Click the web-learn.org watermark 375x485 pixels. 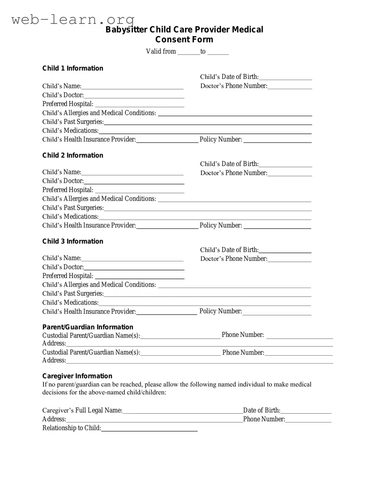[73, 19]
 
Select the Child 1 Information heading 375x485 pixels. [73, 68]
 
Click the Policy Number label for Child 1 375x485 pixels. [221, 140]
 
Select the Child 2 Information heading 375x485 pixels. [73, 155]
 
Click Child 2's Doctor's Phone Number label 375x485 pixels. [233, 173]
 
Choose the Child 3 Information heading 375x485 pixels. [73, 241]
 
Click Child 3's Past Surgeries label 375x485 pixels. [73, 293]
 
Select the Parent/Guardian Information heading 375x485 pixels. [88, 327]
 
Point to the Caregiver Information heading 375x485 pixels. [77, 376]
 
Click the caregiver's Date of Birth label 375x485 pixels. [262, 410]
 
